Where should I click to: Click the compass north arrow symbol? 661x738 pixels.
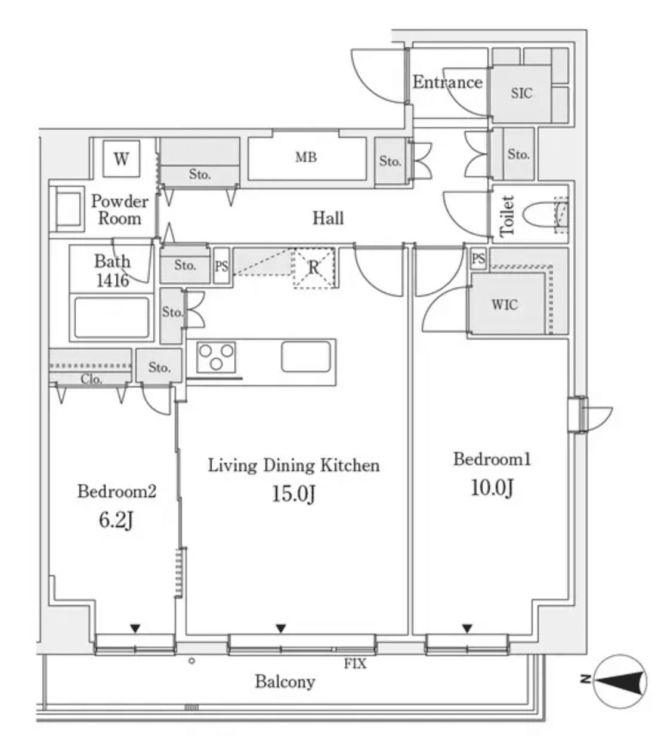click(x=619, y=681)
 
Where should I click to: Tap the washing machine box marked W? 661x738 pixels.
click(x=121, y=159)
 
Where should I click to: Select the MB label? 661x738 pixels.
click(x=306, y=158)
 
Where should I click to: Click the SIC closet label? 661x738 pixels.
click(x=521, y=93)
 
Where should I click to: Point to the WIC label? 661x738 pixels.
click(x=505, y=305)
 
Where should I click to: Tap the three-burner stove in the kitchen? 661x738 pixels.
click(x=216, y=357)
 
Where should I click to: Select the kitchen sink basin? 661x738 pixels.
click(x=306, y=356)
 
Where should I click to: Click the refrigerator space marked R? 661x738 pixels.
click(x=314, y=268)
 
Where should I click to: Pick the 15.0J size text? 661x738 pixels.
click(x=294, y=494)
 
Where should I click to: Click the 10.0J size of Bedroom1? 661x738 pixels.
click(x=492, y=487)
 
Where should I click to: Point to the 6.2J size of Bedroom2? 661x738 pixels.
click(x=116, y=520)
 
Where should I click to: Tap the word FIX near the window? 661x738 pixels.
click(x=355, y=664)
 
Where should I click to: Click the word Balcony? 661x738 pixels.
click(x=285, y=682)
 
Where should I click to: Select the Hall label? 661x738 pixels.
click(x=328, y=218)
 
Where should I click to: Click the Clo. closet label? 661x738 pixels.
click(x=91, y=380)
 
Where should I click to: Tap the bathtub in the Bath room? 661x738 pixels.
click(x=112, y=317)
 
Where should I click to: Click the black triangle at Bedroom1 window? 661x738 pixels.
click(x=467, y=628)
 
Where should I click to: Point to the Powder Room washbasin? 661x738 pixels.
click(x=69, y=209)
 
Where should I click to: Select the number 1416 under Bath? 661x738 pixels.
click(x=113, y=281)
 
